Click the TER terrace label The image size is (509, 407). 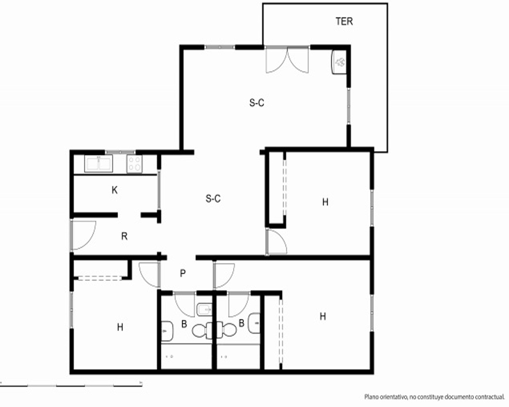tap(344, 21)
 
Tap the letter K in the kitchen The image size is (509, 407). tap(114, 190)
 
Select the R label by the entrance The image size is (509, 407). tap(124, 236)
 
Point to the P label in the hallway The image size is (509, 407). tap(183, 274)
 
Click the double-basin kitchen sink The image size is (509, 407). tap(98, 163)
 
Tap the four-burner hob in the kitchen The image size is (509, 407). tap(134, 164)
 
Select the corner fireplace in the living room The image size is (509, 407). tap(339, 62)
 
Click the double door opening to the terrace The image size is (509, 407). tap(287, 60)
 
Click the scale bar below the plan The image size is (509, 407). tap(71, 386)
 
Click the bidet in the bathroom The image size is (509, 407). tap(204, 310)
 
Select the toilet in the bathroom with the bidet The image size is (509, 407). tap(203, 330)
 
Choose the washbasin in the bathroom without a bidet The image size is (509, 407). tap(254, 323)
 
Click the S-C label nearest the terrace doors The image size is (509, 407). tap(257, 103)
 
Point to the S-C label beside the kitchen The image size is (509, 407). tap(213, 198)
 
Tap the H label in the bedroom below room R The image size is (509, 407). tap(120, 327)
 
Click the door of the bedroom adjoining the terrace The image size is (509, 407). tap(276, 242)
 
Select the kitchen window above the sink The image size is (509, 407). tap(120, 152)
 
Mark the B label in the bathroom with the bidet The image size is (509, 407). tap(184, 324)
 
